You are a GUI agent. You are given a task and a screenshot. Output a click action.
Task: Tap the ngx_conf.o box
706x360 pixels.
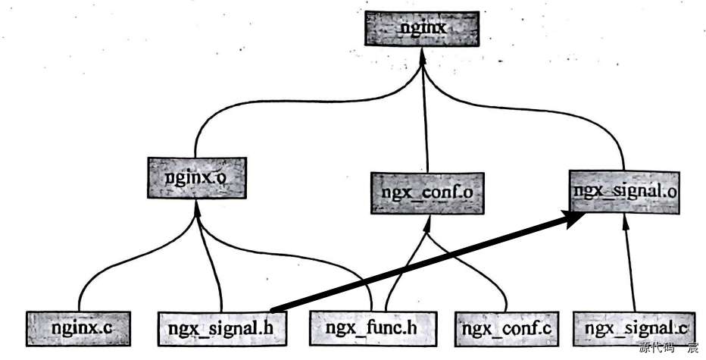pyautogui.click(x=427, y=193)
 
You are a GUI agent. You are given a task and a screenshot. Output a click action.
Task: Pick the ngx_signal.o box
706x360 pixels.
pyautogui.click(x=625, y=189)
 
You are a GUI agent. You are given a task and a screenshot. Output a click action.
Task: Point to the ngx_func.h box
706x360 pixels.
pyautogui.click(x=370, y=329)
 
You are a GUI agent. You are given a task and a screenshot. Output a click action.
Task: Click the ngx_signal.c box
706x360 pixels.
pyautogui.click(x=633, y=329)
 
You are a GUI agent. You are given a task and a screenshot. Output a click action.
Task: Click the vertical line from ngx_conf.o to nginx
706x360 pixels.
pyautogui.click(x=426, y=121)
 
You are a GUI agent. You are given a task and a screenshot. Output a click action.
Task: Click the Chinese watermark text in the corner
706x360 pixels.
pyautogui.click(x=669, y=349)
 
